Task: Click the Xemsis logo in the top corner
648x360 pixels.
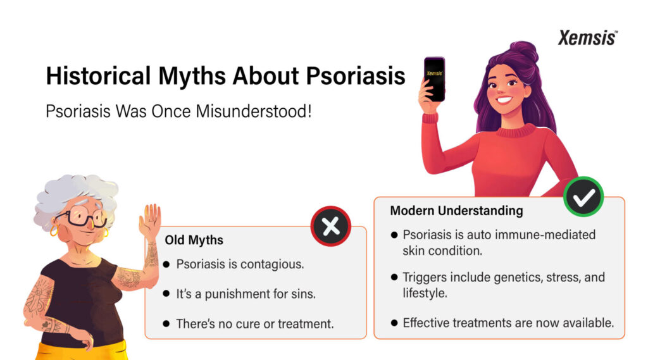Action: [x=588, y=37]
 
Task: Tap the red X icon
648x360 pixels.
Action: [x=330, y=226]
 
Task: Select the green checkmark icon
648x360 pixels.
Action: [x=583, y=197]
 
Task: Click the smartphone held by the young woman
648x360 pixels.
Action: [x=434, y=79]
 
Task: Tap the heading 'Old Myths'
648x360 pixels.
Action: [x=194, y=240]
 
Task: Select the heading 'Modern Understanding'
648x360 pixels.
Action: [x=457, y=211]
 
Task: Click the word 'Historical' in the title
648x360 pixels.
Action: [x=98, y=76]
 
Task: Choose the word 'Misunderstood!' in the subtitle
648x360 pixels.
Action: [x=253, y=111]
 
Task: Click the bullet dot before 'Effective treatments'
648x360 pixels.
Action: [x=394, y=323]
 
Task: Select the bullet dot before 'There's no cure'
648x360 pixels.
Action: [x=166, y=324]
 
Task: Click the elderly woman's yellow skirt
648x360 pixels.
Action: [x=83, y=351]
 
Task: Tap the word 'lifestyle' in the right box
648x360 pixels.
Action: [x=425, y=294]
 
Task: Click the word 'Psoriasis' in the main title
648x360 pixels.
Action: [x=356, y=76]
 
